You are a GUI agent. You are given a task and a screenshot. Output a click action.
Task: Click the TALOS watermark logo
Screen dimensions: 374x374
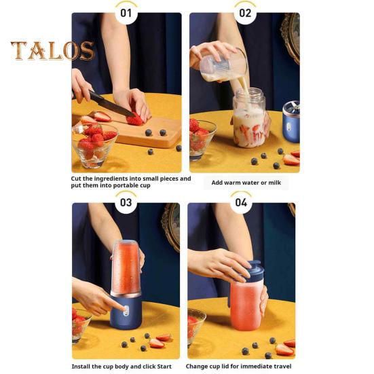(x=52, y=50)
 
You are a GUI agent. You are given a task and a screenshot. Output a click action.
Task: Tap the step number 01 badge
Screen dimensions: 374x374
(x=126, y=12)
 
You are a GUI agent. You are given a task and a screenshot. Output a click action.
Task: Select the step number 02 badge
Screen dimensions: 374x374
(x=244, y=12)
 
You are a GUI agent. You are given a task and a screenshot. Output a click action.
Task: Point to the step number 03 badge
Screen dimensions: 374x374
(x=126, y=202)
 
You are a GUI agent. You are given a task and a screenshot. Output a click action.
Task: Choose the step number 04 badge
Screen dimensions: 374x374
(x=241, y=202)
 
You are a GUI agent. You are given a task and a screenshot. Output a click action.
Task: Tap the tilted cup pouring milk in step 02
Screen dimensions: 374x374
(x=223, y=64)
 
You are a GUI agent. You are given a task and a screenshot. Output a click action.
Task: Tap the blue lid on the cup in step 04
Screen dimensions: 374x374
(x=252, y=269)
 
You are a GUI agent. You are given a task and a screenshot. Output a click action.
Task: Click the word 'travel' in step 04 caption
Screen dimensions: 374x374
(x=281, y=367)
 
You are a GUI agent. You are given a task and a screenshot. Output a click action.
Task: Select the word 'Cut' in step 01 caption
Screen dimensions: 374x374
(x=77, y=179)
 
